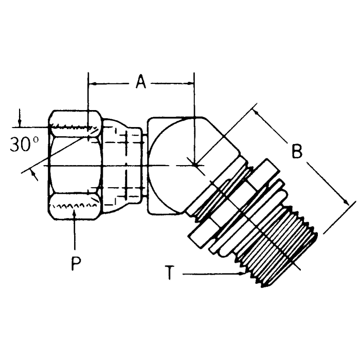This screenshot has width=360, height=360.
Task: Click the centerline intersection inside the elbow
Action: point(194,165)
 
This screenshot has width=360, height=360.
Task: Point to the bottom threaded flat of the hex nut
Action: point(75,208)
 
